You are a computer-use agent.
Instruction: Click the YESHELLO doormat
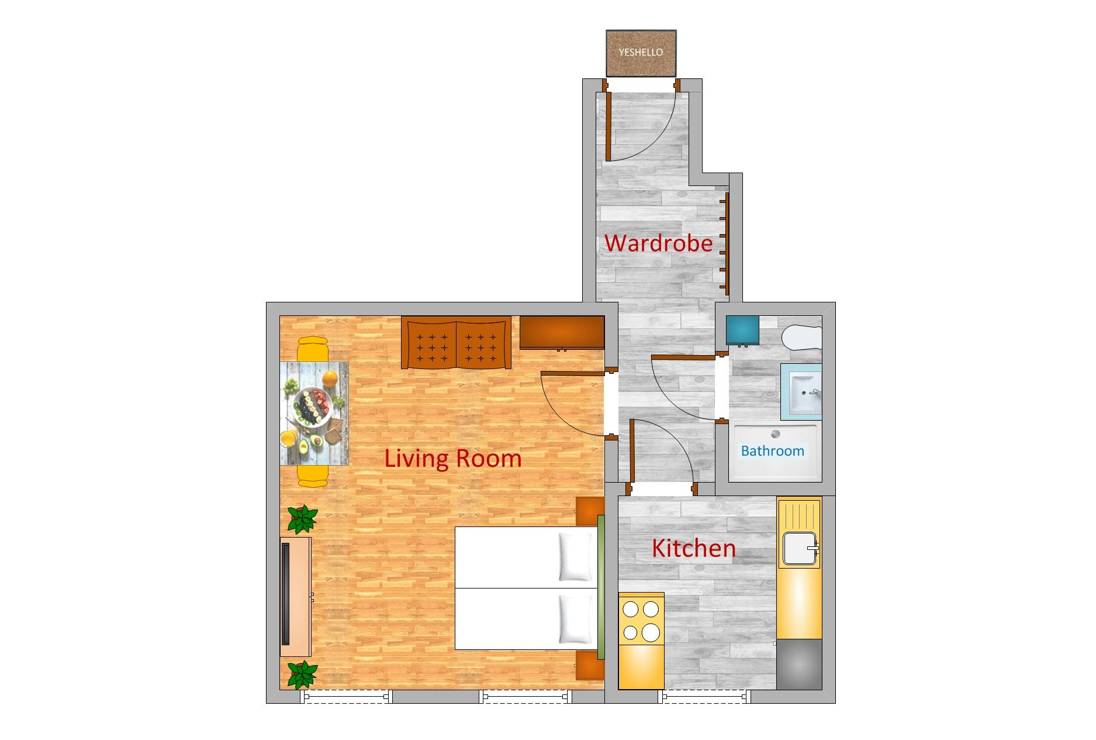pyautogui.click(x=641, y=53)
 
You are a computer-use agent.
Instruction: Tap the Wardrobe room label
pyautogui.click(x=658, y=243)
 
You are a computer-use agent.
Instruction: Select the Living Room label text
pyautogui.click(x=453, y=458)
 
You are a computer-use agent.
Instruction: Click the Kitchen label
pyautogui.click(x=693, y=548)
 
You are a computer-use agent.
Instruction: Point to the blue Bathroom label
pyautogui.click(x=772, y=451)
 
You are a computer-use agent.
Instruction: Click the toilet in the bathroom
pyautogui.click(x=802, y=338)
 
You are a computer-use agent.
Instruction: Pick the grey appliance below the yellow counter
pyautogui.click(x=799, y=665)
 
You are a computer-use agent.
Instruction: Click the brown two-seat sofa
pyautogui.click(x=457, y=343)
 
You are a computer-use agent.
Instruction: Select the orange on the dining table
pyautogui.click(x=330, y=379)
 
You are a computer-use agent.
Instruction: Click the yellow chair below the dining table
pyautogui.click(x=313, y=476)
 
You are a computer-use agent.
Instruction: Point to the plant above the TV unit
pyautogui.click(x=302, y=519)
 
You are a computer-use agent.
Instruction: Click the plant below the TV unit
pyautogui.click(x=302, y=674)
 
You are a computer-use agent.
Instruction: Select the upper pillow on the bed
pyautogui.click(x=575, y=556)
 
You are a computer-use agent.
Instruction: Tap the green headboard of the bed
pyautogui.click(x=600, y=587)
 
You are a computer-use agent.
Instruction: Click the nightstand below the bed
pyautogui.click(x=589, y=666)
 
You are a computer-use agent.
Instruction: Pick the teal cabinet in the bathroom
pyautogui.click(x=742, y=330)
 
